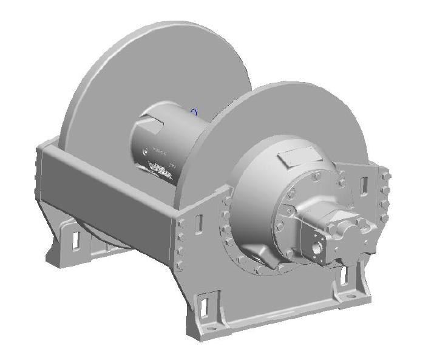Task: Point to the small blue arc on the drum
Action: (x=194, y=111)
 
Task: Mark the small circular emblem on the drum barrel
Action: (x=144, y=152)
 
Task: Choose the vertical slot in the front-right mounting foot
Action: (x=344, y=277)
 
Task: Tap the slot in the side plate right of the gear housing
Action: (x=364, y=185)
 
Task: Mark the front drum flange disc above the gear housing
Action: (x=303, y=115)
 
